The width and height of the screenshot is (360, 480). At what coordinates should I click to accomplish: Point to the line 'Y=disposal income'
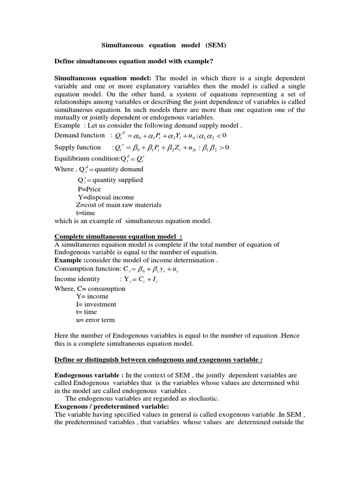point(105,197)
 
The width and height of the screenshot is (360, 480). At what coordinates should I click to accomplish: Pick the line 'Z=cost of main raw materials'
point(119,205)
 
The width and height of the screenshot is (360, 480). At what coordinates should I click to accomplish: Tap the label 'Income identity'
point(77,279)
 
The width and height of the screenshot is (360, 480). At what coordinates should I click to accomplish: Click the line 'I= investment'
point(96,304)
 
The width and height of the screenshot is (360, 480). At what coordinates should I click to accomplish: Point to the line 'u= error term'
point(95,320)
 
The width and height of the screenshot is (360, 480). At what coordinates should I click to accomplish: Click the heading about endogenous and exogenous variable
point(158,360)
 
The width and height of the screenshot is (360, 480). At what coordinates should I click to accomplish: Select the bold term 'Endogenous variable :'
point(89,375)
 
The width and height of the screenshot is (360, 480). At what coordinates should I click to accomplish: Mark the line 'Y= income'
point(92,296)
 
